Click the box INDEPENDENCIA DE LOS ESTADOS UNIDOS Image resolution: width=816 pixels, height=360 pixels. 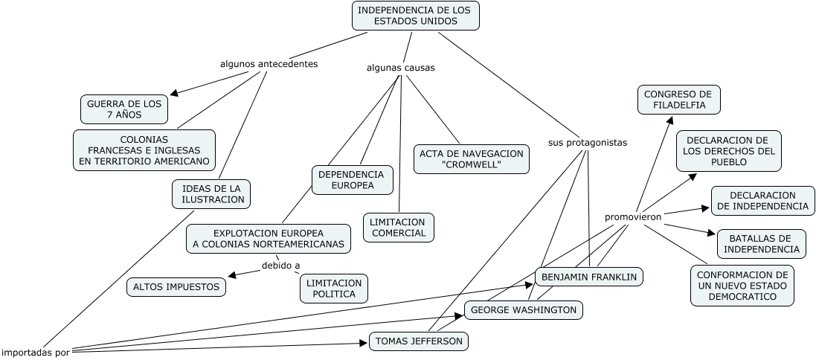pos(415,16)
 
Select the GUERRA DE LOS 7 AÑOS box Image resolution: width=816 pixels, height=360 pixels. pos(124,109)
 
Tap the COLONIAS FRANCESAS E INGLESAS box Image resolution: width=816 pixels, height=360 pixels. pos(144,150)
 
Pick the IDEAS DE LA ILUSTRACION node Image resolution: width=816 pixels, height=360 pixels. pos(212,193)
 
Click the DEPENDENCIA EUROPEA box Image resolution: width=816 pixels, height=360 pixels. pos(352,179)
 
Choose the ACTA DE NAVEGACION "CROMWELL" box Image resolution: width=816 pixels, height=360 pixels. pos(472,158)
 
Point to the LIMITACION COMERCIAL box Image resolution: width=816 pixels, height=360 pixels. pos(399,227)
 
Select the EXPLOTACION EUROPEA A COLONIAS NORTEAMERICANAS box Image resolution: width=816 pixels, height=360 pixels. pos(269,238)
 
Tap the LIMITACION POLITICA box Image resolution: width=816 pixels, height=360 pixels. pos(334,288)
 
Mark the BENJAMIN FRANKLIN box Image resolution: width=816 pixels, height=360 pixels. pos(589,277)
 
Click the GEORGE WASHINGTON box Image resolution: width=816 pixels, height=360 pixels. pos(524,309)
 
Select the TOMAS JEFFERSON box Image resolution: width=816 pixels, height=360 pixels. pos(419,341)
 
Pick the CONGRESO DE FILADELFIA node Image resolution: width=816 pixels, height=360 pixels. pos(678,100)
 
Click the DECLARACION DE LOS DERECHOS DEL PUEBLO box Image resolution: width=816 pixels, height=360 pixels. pos(728,151)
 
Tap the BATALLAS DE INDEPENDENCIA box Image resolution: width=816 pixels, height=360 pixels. pos(761,243)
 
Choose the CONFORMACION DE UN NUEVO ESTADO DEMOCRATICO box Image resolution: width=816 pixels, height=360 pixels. pos(742,285)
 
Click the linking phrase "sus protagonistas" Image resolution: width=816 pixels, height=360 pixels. pos(588,141)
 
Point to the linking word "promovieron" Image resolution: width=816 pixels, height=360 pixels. pos(632,216)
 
